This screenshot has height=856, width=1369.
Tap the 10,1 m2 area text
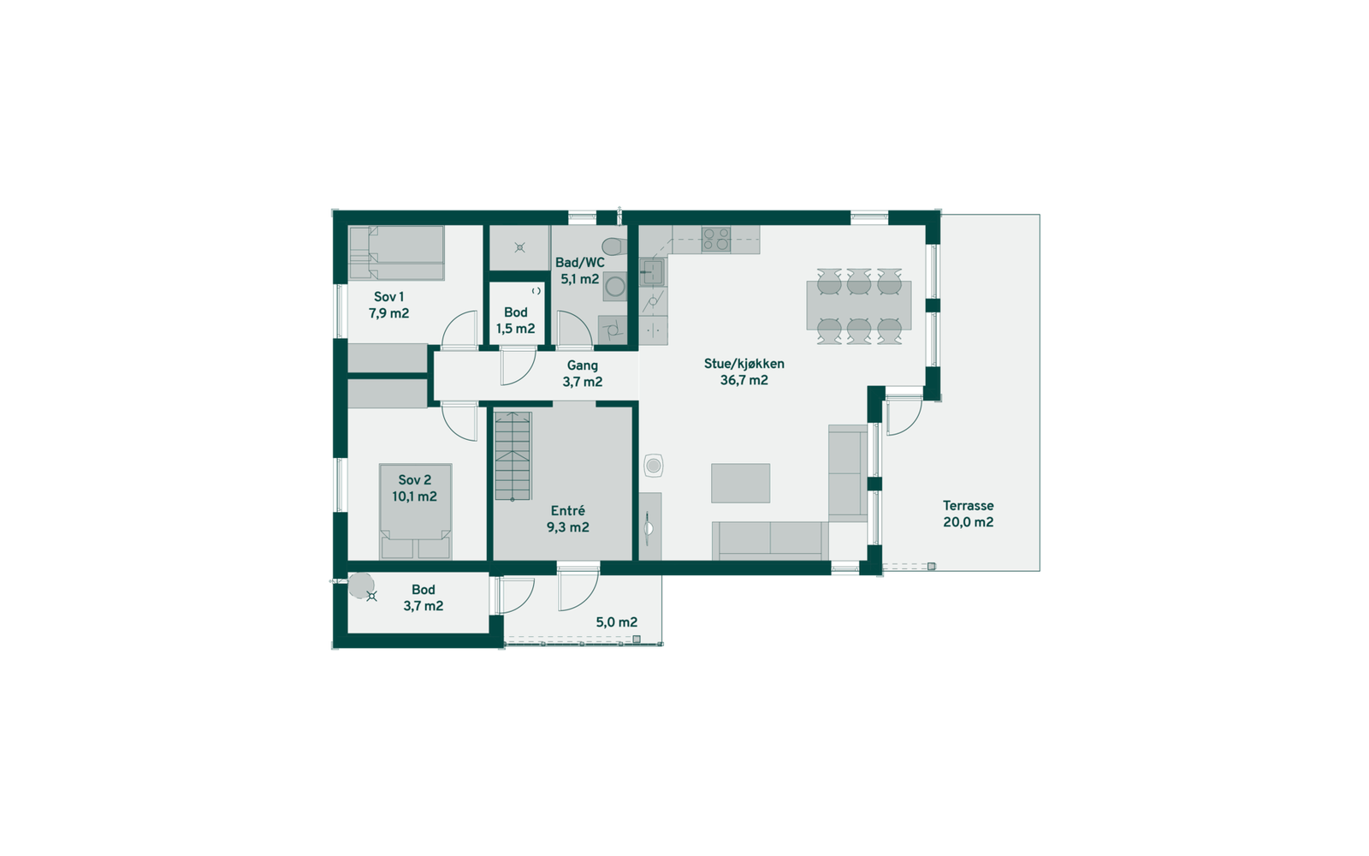pyautogui.click(x=414, y=496)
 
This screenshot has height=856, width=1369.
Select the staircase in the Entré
pyautogui.click(x=513, y=456)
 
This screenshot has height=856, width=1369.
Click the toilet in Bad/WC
pyautogui.click(x=610, y=247)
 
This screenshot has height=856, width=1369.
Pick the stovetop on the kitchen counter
pyautogui.click(x=716, y=239)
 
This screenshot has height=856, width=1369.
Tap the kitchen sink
pyautogui.click(x=655, y=272)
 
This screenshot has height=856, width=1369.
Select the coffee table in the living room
pyautogui.click(x=740, y=483)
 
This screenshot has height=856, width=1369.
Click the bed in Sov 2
pyautogui.click(x=415, y=512)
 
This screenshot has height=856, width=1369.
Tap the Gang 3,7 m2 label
pyautogui.click(x=582, y=374)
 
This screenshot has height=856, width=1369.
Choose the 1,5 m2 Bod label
pyautogui.click(x=515, y=321)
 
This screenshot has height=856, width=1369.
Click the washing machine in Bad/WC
pyautogui.click(x=614, y=288)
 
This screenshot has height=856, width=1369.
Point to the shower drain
pyautogui.click(x=519, y=247)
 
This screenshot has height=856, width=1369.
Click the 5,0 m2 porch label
pyautogui.click(x=616, y=622)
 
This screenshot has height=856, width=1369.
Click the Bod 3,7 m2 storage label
pyautogui.click(x=423, y=597)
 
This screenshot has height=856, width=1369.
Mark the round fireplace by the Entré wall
pyautogui.click(x=654, y=466)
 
